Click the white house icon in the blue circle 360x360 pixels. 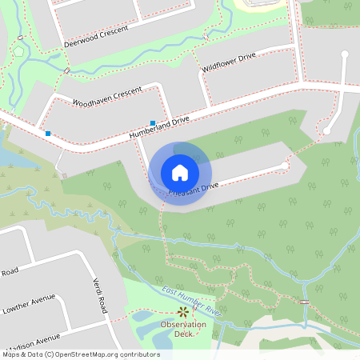click(180, 172)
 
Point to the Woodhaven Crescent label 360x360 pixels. click(107, 95)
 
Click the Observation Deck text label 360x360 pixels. click(183, 329)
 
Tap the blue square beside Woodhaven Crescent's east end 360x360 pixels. click(153, 122)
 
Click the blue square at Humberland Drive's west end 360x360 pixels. click(49, 133)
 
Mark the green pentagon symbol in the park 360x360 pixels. click(18, 50)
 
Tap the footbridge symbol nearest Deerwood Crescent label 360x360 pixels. click(67, 71)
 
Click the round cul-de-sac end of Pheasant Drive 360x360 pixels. click(284, 166)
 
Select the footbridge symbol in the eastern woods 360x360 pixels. click(304, 302)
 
